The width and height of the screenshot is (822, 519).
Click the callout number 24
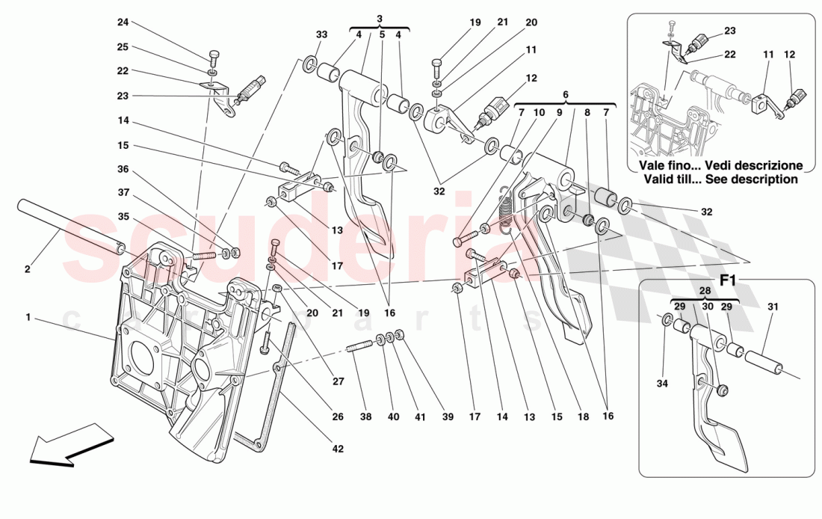[123, 22]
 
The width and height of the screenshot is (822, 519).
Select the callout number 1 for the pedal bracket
[28, 318]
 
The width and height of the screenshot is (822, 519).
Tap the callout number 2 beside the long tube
[28, 269]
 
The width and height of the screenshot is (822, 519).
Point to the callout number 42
[338, 449]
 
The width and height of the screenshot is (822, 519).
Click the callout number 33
[321, 34]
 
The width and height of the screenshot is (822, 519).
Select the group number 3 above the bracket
[380, 18]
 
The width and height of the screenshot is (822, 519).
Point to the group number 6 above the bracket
[565, 94]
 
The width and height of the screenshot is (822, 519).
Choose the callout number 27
[338, 381]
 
